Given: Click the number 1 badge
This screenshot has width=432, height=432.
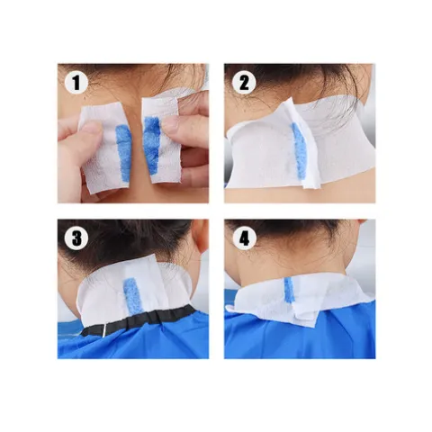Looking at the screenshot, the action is tap(76, 83).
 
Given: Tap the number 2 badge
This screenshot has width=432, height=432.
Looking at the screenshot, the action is tap(244, 83).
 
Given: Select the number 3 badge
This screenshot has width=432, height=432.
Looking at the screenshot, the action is tap(76, 238).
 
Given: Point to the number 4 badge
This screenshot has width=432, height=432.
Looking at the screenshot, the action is tap(244, 238).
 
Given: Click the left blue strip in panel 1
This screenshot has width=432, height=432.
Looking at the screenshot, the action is tap(123, 153).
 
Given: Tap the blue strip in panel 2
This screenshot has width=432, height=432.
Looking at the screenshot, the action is tap(299, 150).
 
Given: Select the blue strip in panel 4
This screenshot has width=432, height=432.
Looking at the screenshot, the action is tap(289, 290).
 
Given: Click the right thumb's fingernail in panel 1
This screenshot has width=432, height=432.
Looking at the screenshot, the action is tap(170, 124).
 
